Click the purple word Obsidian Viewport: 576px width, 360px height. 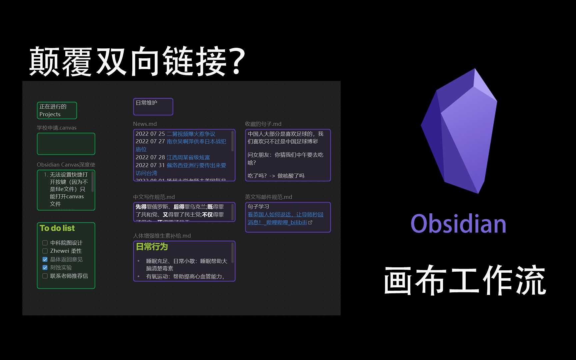[x=458, y=224]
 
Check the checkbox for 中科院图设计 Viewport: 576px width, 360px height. [x=45, y=243]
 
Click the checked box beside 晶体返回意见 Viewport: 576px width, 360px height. [x=45, y=259]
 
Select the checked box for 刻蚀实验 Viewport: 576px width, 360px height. [x=45, y=267]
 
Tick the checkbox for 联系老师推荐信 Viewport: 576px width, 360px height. [x=45, y=276]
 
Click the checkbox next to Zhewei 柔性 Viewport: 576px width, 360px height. [x=45, y=251]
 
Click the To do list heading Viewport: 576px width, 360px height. [x=57, y=228]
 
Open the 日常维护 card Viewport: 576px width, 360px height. [x=153, y=107]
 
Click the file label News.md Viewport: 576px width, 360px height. [x=145, y=124]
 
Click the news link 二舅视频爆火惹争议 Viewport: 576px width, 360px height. [x=191, y=134]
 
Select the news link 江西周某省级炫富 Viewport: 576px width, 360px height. [x=188, y=157]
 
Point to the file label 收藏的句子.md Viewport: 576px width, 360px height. [x=263, y=124]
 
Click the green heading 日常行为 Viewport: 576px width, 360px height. [x=152, y=247]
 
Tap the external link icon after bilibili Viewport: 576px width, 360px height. [x=310, y=222]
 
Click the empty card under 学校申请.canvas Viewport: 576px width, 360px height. [x=66, y=144]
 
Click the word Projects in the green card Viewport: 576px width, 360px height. [x=50, y=114]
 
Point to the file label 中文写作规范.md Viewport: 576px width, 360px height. [x=154, y=197]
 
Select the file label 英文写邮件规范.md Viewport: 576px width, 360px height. [x=268, y=197]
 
